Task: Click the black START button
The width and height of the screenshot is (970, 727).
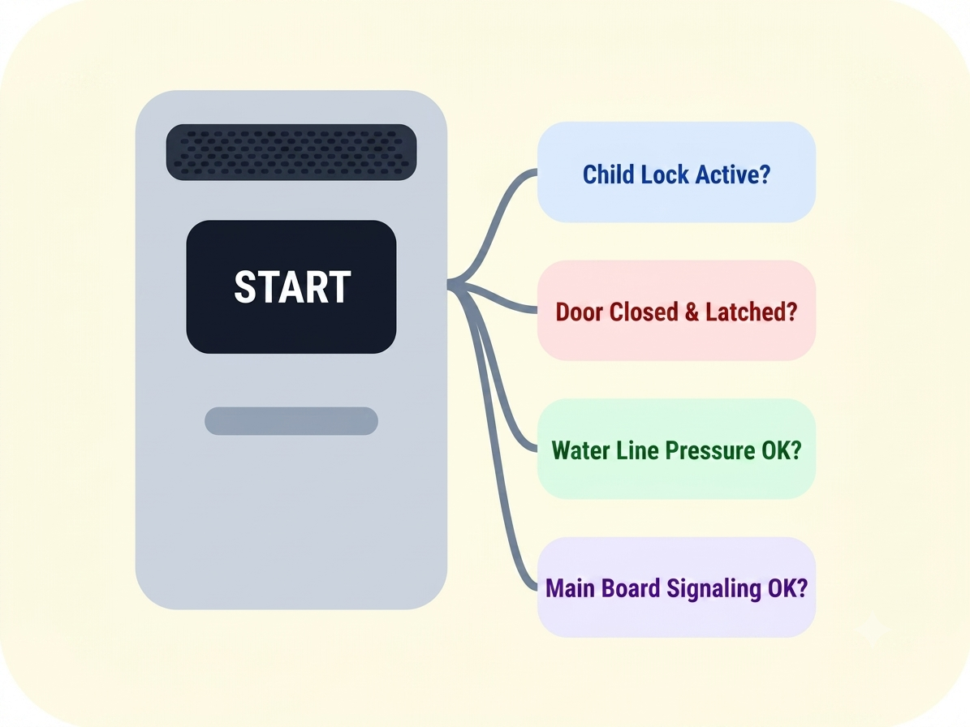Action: (291, 287)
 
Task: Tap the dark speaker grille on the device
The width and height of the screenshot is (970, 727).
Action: (291, 152)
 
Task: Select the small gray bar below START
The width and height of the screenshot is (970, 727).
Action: (291, 421)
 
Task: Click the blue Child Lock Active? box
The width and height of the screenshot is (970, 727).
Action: (676, 172)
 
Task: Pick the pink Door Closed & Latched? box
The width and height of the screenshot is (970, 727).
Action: (676, 310)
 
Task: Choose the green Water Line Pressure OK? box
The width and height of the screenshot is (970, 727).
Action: (676, 449)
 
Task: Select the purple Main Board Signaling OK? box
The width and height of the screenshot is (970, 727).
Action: (676, 587)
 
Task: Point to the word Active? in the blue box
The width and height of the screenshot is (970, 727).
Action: (733, 174)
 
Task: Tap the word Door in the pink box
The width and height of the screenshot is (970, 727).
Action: (580, 312)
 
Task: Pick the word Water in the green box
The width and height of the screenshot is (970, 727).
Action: (579, 450)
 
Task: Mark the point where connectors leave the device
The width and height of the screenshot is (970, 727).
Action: (449, 284)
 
